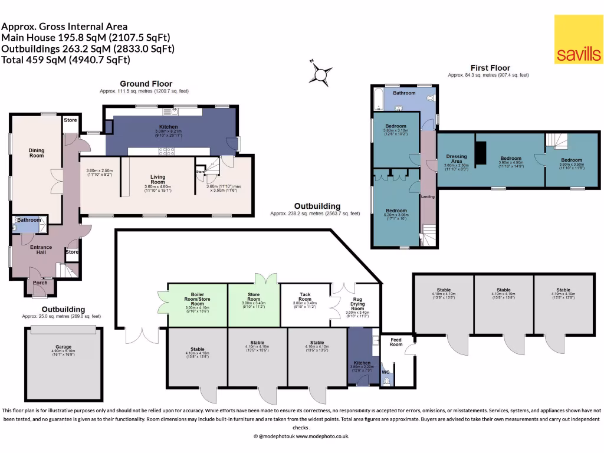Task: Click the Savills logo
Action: pos(578,39)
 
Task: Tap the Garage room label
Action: pos(63,347)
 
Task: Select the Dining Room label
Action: pos(37,153)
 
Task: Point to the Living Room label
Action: pos(157,179)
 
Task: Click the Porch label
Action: pos(41,282)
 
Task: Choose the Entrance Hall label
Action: pos(37,250)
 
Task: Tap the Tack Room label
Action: pos(305,297)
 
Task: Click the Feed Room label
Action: pos(396,342)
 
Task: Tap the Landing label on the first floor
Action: pos(428,196)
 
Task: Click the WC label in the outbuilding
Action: pos(386,372)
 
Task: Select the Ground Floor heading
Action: pos(146,84)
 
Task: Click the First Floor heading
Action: pos(490,68)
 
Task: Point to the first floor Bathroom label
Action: pos(405,93)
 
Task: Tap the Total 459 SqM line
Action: pos(66,60)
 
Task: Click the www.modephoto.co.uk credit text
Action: pos(322,436)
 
